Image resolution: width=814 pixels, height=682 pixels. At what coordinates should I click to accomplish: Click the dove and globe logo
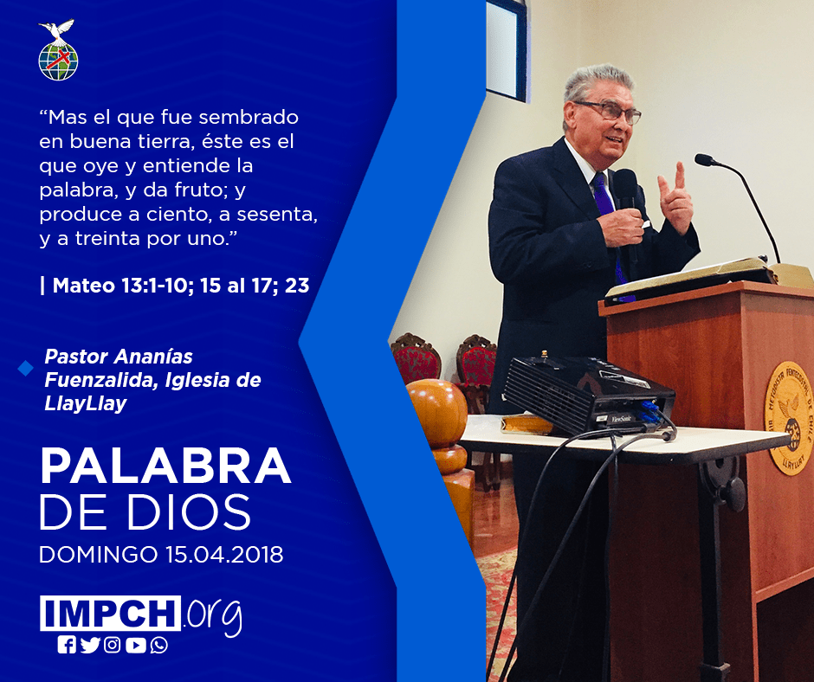point(58,50)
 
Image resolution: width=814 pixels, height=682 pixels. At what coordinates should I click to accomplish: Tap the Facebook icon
point(67,645)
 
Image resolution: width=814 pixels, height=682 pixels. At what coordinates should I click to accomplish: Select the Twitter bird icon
point(90,645)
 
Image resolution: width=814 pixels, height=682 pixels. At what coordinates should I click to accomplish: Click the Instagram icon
point(112,645)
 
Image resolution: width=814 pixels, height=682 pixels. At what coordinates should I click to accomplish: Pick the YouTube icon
point(135,645)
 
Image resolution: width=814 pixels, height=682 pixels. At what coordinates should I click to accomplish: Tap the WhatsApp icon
point(158,645)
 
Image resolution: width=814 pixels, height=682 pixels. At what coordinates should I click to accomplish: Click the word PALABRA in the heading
point(165,466)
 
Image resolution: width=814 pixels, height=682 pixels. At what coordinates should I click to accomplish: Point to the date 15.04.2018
point(225,554)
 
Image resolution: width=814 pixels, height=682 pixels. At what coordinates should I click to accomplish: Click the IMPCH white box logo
point(110,613)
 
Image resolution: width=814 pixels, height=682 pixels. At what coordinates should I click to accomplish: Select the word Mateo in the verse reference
point(84,286)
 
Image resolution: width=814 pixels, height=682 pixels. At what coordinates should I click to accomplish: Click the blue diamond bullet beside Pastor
point(25,369)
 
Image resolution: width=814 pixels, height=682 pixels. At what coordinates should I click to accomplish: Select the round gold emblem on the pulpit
point(789,418)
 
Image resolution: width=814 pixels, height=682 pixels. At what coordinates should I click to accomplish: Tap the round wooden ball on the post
point(437,412)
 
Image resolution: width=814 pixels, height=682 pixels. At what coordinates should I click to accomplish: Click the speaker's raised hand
point(675,198)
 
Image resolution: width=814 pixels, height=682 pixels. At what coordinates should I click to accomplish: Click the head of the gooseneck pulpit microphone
point(706,160)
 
